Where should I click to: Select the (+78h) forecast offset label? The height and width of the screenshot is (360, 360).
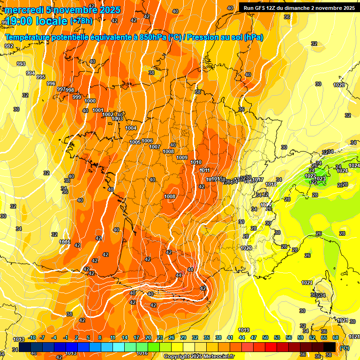point(81,21)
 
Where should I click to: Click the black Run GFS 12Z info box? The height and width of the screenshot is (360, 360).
point(299,7)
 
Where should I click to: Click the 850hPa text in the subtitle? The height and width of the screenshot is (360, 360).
point(153,37)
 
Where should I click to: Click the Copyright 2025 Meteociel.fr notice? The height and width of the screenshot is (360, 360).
point(199,357)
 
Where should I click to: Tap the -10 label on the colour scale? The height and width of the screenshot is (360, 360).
point(32,337)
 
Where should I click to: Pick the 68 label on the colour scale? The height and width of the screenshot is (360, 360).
point(336,337)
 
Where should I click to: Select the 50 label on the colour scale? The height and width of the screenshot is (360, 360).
point(265,337)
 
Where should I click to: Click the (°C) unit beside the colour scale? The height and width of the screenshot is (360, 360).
point(345,348)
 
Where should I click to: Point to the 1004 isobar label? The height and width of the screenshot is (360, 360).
point(131,128)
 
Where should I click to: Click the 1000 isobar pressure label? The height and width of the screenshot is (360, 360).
point(90,101)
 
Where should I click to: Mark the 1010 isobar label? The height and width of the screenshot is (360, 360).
point(196,162)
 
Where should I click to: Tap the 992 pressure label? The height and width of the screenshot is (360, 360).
point(9,46)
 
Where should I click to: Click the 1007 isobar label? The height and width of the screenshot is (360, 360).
point(155,147)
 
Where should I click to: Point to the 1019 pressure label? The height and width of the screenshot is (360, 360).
point(244,330)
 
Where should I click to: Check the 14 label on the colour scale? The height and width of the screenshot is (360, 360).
point(125,337)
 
